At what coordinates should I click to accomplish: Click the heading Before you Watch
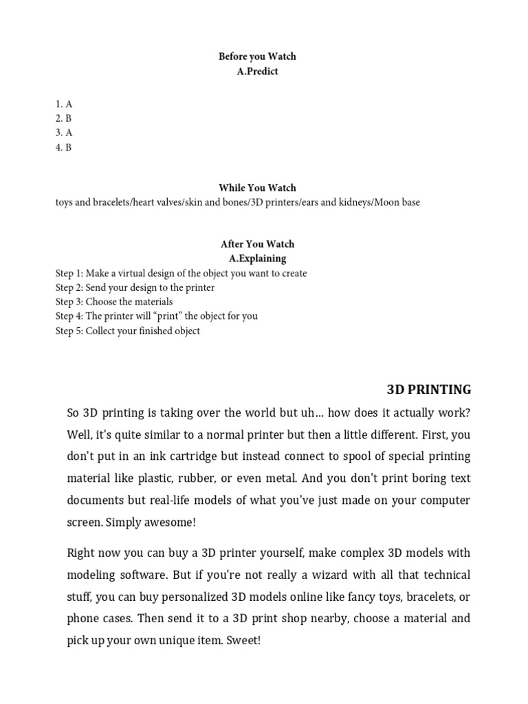(257, 56)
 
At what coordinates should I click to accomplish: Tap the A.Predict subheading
(257, 71)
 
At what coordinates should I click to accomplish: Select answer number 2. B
(64, 118)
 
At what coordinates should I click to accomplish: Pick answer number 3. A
(64, 133)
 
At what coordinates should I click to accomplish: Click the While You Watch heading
(257, 188)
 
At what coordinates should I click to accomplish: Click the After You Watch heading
(257, 244)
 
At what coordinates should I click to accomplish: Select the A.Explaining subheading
(257, 258)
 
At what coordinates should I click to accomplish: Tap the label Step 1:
(69, 273)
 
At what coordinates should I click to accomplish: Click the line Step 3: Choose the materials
(114, 302)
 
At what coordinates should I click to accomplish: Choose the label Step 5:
(69, 331)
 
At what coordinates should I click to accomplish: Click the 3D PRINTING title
(429, 390)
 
